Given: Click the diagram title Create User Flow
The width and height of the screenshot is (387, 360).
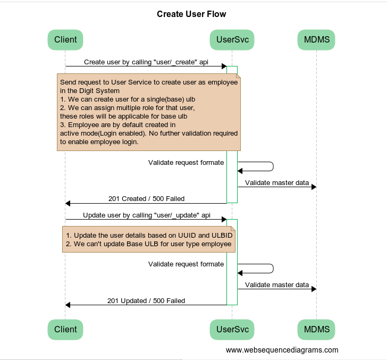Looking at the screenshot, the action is [191, 14].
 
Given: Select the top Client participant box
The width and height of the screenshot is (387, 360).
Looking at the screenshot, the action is [65, 40].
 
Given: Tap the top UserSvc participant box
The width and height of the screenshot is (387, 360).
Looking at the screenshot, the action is [232, 40].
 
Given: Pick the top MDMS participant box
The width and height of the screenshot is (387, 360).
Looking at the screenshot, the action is [316, 40].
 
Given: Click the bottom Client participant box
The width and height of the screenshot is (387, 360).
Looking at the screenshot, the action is [65, 330].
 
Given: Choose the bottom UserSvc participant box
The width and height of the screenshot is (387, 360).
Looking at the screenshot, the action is [232, 330].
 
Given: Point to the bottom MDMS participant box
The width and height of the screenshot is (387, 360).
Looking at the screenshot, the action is [316, 330].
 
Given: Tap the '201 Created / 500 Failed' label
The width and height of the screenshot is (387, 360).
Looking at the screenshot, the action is [146, 198].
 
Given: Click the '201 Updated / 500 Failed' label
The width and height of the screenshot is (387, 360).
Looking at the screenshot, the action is [146, 301].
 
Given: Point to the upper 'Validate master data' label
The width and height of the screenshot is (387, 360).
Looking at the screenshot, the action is [277, 183].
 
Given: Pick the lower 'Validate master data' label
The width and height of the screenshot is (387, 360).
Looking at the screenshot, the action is [277, 284].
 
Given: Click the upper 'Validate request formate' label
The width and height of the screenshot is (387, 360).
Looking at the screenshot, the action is [186, 163].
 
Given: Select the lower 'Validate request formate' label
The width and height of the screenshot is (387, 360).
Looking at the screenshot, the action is [186, 264].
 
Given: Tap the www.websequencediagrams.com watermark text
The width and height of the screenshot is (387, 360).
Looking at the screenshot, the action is [282, 350].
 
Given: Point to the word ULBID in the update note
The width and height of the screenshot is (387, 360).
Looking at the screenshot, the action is [222, 236].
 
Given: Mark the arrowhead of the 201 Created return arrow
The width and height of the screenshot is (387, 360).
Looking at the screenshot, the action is [68, 203].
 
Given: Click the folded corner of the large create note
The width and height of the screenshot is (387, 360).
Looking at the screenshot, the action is [238, 76].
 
